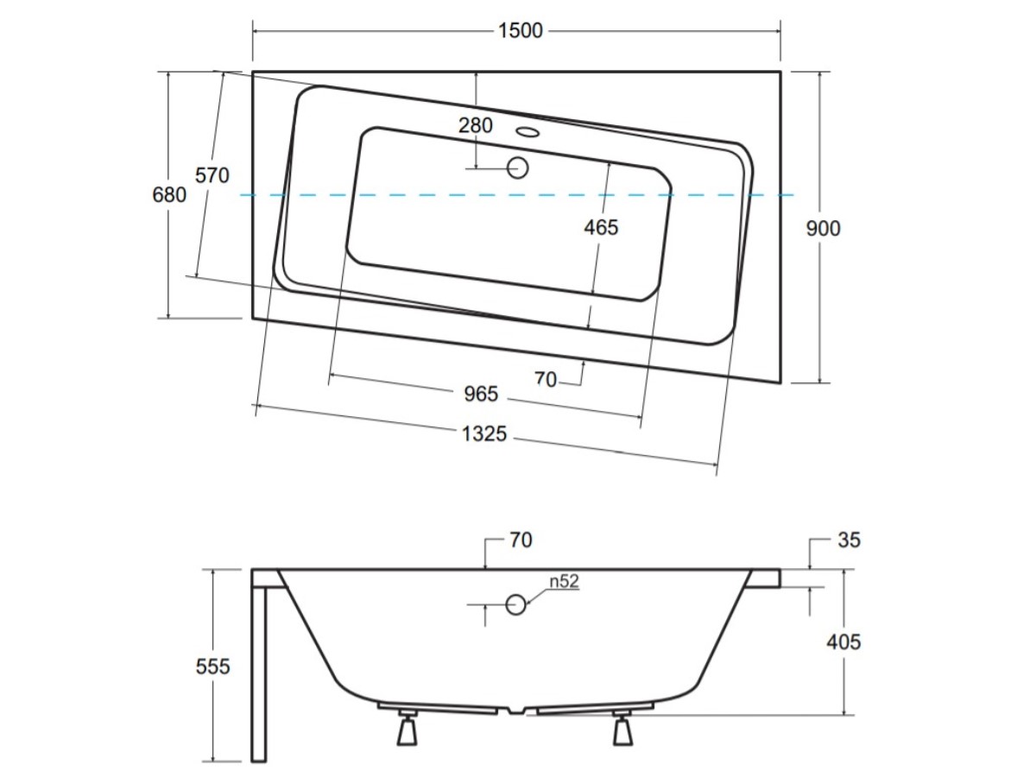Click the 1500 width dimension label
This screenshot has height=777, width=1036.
coord(520,31)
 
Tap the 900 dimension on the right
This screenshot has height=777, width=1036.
coord(823,229)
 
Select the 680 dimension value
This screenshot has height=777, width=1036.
coord(169,195)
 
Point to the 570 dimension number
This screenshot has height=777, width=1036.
coord(212,175)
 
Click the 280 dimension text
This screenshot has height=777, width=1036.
coord(476,125)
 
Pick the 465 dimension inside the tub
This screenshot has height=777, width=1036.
coord(601,228)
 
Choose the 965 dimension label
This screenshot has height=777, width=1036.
coord(481,395)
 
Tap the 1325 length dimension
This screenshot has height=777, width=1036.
coord(484,434)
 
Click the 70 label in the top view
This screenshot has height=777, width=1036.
coord(546,379)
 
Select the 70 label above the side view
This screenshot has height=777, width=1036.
coord(521,540)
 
